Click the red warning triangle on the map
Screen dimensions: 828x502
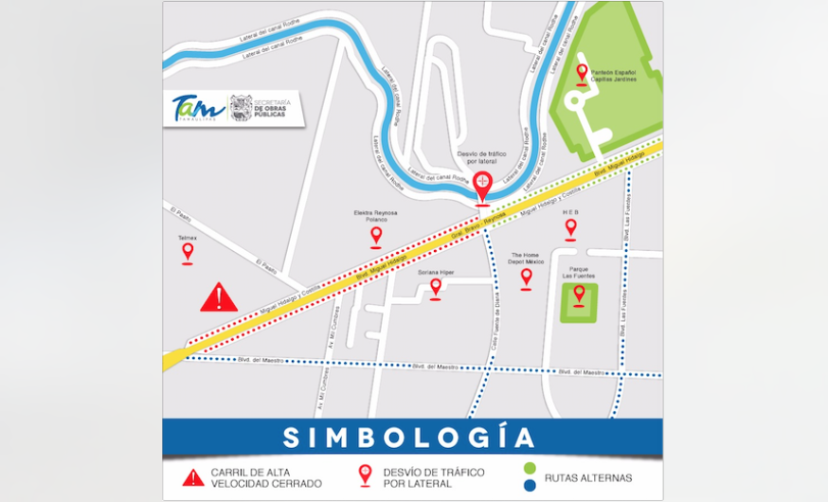point(219,298)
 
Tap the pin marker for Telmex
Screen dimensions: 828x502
point(188,252)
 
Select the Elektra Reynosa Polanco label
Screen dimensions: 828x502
point(376,216)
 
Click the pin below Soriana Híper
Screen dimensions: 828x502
point(436,287)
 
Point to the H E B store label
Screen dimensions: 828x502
point(570,212)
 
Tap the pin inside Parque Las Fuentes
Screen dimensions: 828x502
point(579,296)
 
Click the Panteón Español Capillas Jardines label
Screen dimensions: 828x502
point(613,76)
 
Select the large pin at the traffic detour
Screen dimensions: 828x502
point(483,184)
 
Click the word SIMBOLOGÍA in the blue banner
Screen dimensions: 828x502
point(408,439)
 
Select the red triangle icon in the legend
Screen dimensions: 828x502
point(193,477)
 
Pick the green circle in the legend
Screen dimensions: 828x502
point(528,468)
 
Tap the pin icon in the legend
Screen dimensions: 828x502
point(365,476)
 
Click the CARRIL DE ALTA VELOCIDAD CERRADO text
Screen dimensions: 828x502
point(265,477)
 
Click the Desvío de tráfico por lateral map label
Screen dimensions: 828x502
point(483,156)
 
